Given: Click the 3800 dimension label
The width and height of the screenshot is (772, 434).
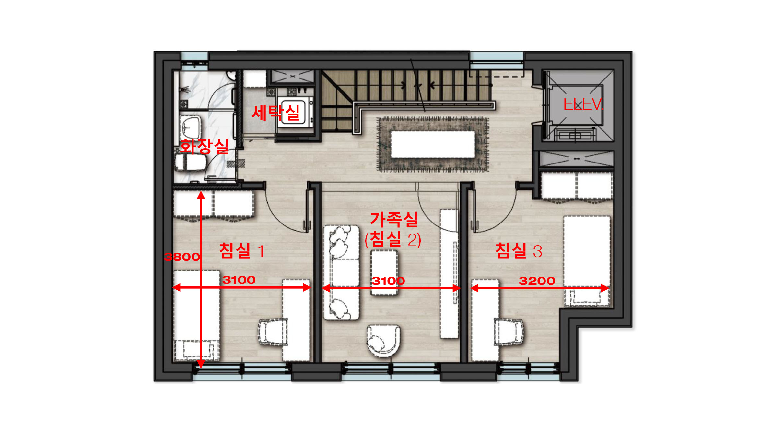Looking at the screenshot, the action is pyautogui.click(x=182, y=257).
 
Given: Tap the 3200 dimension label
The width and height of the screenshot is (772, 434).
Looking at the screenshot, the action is pyautogui.click(x=537, y=281).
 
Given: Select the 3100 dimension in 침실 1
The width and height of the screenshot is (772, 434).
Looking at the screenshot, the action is pyautogui.click(x=239, y=280).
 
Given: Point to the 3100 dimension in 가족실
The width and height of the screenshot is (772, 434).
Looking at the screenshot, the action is pyautogui.click(x=388, y=281).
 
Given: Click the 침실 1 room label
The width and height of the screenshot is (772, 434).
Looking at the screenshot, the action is pyautogui.click(x=241, y=251).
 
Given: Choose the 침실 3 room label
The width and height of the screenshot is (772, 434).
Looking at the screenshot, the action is pyautogui.click(x=519, y=251).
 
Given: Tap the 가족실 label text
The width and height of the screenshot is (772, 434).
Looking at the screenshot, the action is pyautogui.click(x=394, y=219).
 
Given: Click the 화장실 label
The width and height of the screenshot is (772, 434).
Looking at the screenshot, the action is pyautogui.click(x=204, y=146).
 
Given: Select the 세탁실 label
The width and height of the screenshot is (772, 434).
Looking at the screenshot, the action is pyautogui.click(x=276, y=113).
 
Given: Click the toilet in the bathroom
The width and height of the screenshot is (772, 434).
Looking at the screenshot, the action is pyautogui.click(x=190, y=162).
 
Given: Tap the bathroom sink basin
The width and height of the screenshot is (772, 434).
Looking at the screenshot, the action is pyautogui.click(x=190, y=127).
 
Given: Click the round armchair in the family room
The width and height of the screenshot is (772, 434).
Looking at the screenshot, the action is pyautogui.click(x=383, y=341).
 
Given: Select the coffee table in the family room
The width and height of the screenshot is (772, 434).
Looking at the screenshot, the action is pyautogui.click(x=384, y=273).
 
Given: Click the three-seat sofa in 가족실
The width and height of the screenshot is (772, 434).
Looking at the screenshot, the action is pyautogui.click(x=341, y=273).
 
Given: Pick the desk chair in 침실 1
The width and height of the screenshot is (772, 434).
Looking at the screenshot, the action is pyautogui.click(x=273, y=332).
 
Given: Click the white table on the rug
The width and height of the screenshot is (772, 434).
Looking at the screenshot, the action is pyautogui.click(x=433, y=144).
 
